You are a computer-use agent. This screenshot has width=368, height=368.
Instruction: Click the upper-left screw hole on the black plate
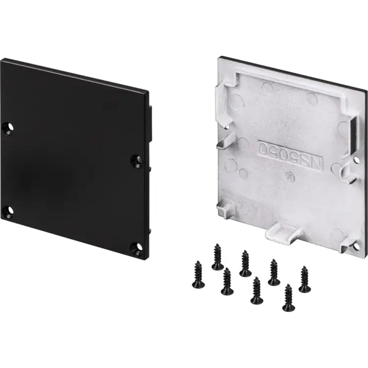pos(8,129)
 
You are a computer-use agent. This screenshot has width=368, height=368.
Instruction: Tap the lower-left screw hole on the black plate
pos(8,210)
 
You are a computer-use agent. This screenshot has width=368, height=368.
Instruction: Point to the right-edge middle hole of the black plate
pos(137,161)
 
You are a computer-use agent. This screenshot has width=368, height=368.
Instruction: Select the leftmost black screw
pos(198,275)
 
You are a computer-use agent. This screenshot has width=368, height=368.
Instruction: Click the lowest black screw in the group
pos(289,298)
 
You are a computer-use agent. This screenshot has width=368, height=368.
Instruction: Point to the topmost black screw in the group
pos(217,257)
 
